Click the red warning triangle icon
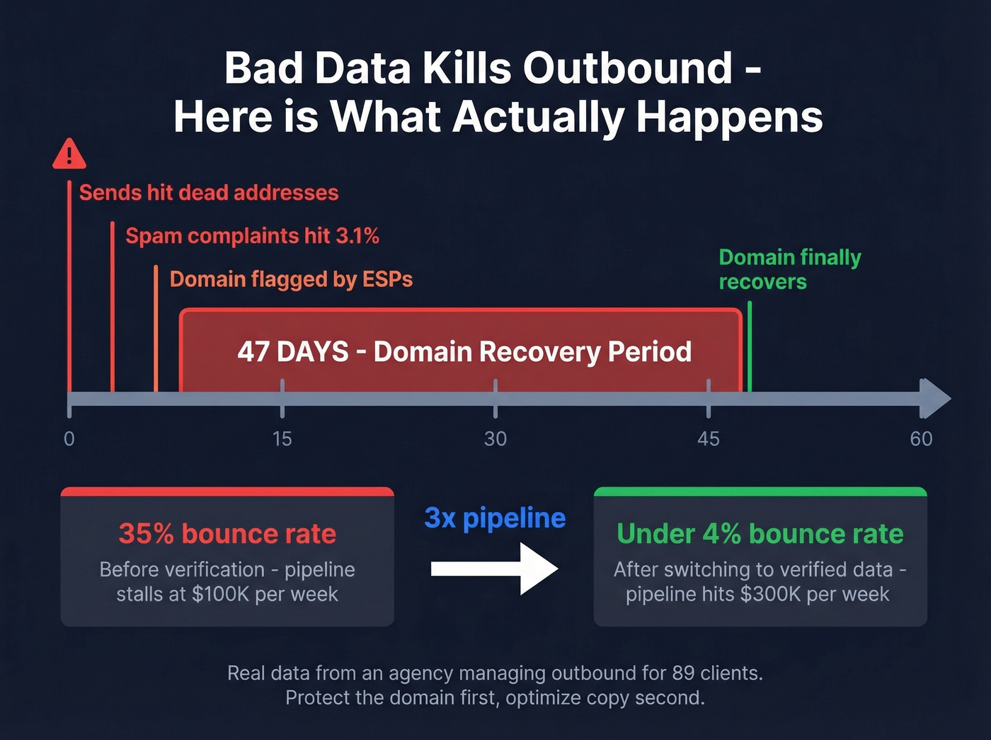[x=69, y=154]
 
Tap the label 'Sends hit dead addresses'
[x=209, y=193]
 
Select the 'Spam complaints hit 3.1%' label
[x=252, y=236]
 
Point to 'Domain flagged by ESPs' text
[x=291, y=279]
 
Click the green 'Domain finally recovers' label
[x=789, y=269]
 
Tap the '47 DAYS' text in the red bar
[x=293, y=351]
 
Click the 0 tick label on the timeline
[x=69, y=439]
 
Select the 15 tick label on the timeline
[x=282, y=439]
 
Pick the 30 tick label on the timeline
[x=495, y=439]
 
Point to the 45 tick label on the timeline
[x=708, y=439]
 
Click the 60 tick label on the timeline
[x=921, y=439]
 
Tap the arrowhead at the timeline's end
[x=936, y=399]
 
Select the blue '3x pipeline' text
[x=495, y=518]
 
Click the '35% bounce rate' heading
[x=227, y=534]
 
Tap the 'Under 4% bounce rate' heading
[x=760, y=534]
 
